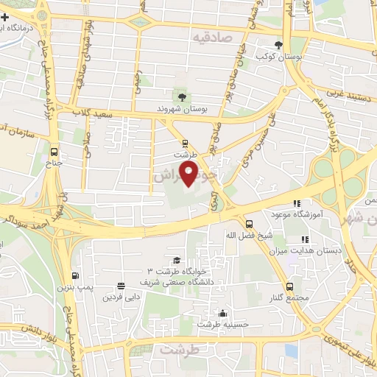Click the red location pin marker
[189, 174]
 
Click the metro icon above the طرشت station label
[185, 144]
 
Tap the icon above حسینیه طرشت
[224, 313]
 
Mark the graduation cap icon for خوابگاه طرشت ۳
[176, 261]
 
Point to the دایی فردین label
[120, 298]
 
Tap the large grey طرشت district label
[180, 350]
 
